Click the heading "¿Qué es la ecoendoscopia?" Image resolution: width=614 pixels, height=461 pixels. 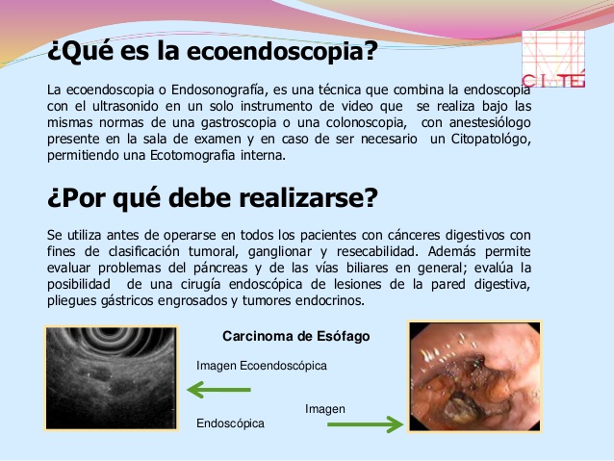click(x=212, y=49)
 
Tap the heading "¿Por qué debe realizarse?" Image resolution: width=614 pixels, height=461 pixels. click(x=212, y=198)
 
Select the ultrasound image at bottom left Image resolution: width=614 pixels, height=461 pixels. click(x=112, y=378)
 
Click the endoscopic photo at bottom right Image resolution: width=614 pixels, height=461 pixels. click(x=473, y=378)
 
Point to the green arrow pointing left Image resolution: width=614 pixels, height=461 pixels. click(x=218, y=390)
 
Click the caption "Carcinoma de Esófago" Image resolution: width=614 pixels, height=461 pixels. click(x=295, y=337)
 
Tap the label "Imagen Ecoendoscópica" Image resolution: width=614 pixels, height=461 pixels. click(x=261, y=366)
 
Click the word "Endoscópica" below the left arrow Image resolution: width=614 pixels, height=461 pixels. click(x=230, y=423)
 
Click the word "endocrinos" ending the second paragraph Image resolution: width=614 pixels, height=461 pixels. click(x=332, y=300)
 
